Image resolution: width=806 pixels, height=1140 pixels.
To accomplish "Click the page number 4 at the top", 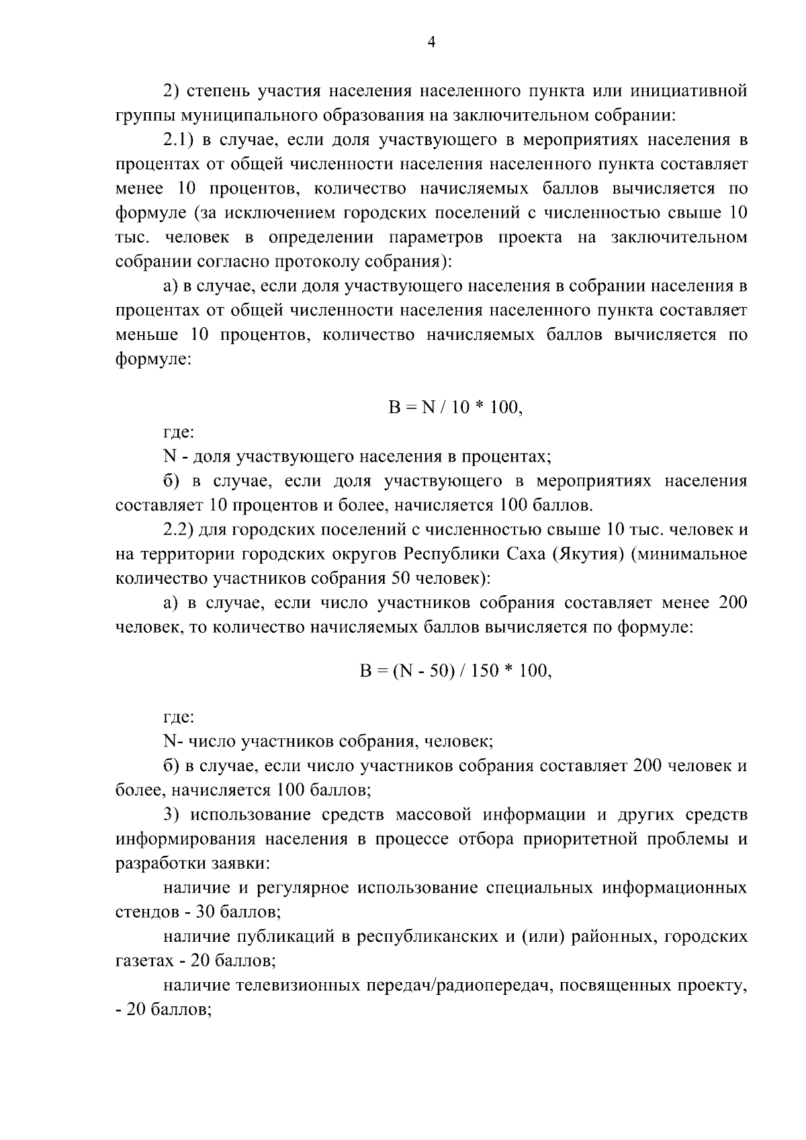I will [431, 42].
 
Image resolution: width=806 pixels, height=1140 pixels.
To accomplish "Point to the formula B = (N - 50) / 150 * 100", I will [455, 671].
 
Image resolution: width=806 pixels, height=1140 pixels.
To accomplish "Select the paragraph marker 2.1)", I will [179, 140].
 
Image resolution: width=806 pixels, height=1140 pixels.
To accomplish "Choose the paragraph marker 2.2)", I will [179, 529].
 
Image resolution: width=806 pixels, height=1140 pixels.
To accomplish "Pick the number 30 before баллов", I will [206, 912].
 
